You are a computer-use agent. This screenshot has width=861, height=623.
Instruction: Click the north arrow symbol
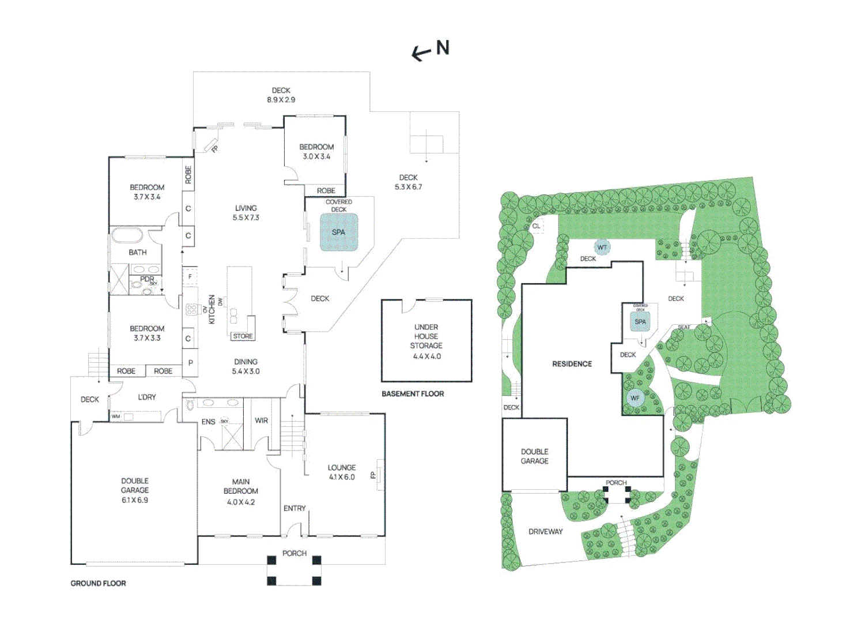tap(430, 50)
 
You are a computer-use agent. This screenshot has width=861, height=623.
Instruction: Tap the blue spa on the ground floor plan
tap(339, 232)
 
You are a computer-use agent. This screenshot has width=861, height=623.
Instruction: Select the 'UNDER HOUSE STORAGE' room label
tap(426, 341)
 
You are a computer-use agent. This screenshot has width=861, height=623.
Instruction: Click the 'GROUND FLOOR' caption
tap(98, 583)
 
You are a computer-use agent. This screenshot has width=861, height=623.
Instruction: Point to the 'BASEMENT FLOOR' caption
tap(413, 394)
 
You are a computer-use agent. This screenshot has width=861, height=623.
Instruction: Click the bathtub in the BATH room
tap(126, 235)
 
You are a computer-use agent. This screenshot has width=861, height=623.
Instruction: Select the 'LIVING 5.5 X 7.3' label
tap(246, 213)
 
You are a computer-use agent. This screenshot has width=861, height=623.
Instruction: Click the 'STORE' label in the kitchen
tap(243, 336)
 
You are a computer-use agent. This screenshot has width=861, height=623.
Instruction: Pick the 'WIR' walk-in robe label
tap(261, 421)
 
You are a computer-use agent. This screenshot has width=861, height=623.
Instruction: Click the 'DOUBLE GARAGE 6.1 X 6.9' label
tap(135, 490)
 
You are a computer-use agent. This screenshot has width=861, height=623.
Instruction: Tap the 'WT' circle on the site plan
tap(602, 247)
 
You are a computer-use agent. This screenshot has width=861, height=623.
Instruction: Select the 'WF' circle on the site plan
tap(635, 398)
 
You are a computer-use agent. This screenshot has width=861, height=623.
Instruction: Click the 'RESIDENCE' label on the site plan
tap(572, 364)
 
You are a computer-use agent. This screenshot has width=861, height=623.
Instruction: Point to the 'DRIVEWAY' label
tap(545, 531)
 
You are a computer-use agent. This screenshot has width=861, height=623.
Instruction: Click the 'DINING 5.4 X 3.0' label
tap(246, 366)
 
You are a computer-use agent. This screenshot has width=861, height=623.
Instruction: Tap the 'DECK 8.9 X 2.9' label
tap(281, 95)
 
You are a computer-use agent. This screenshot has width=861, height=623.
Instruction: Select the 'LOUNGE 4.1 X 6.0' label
tap(342, 472)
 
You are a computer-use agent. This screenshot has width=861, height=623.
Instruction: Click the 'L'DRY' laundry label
tap(147, 397)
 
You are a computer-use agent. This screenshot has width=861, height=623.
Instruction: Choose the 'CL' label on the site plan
tap(536, 226)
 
